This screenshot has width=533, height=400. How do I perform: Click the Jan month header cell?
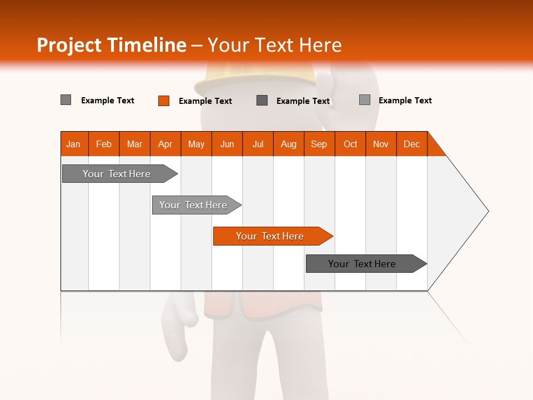click(x=74, y=144)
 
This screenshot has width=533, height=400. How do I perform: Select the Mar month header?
click(x=134, y=144)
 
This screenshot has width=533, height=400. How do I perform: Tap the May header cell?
click(x=196, y=144)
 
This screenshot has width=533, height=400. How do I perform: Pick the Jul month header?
click(x=258, y=144)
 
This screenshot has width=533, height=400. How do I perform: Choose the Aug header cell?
click(x=288, y=144)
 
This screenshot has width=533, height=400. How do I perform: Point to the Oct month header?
click(x=350, y=144)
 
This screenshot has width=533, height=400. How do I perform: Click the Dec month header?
click(x=411, y=144)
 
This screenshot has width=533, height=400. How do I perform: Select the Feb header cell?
click(x=104, y=144)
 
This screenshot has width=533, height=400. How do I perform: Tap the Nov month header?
click(x=381, y=144)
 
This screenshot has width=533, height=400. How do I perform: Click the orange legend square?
click(x=164, y=101)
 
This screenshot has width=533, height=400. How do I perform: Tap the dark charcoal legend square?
click(x=262, y=100)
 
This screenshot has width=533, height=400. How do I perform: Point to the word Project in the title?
click(x=68, y=45)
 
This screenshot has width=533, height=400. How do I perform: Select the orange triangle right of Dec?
click(x=435, y=148)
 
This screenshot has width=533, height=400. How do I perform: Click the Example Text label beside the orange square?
click(x=205, y=101)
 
